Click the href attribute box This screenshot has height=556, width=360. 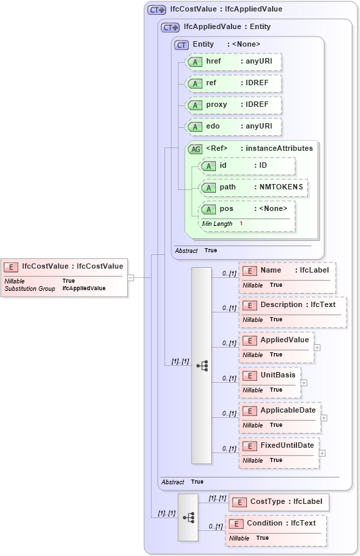[x=233, y=62]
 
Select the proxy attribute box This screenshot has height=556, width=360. [x=233, y=105]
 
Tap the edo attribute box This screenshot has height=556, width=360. [x=233, y=126]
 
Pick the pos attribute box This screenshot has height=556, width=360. [x=248, y=209]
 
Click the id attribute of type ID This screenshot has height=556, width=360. [x=248, y=166]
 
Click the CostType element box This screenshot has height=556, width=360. [x=279, y=502]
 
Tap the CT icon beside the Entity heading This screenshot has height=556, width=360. [x=181, y=45]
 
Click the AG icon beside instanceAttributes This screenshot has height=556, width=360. [x=195, y=149]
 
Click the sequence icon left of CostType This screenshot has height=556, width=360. [x=188, y=517]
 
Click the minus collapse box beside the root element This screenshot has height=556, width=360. [x=131, y=277]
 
